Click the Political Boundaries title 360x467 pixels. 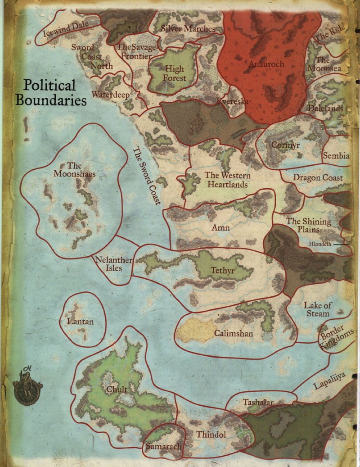click(51, 92)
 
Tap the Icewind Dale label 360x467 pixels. click(65, 27)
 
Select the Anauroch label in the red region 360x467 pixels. click(266, 64)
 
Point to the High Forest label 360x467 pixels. click(174, 73)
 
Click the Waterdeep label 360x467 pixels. click(111, 95)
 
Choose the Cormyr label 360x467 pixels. click(285, 145)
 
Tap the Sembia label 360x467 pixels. click(336, 156)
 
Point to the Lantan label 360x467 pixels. click(80, 321)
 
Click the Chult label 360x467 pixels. click(117, 389)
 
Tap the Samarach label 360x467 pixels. click(163, 446)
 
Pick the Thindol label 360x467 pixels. click(211, 435)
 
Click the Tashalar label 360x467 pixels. click(258, 403)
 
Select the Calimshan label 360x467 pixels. click(233, 334)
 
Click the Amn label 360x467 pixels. click(220, 228)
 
